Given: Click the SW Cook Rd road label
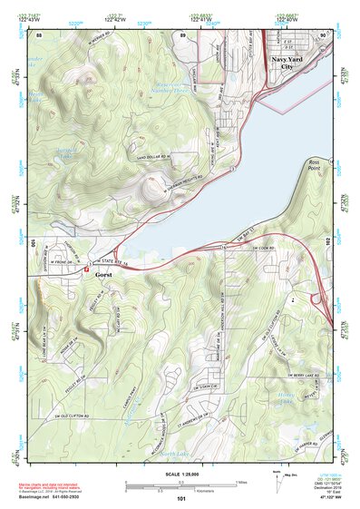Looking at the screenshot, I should point(263,247).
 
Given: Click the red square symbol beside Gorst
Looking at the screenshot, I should point(85,269).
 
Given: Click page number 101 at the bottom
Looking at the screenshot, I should point(181,500).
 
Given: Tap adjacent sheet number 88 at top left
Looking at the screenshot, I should point(39,34).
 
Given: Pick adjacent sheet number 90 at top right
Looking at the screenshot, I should point(324,34).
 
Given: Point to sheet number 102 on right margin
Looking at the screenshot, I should point(336,242).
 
